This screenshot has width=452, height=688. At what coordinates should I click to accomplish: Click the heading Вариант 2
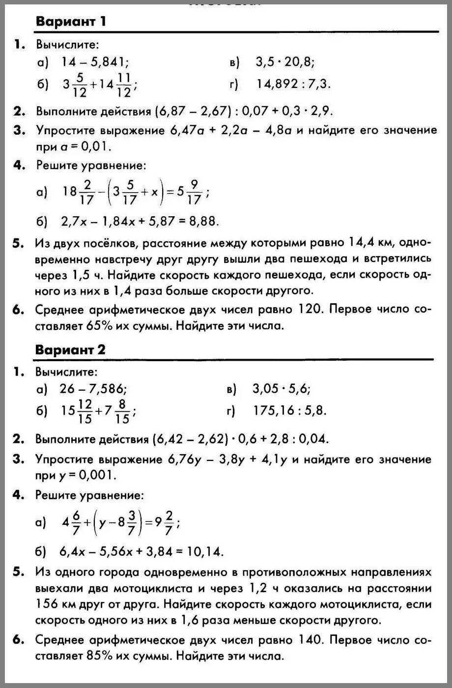[x=70, y=350]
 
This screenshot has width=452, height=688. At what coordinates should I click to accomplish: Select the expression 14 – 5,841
[x=95, y=62]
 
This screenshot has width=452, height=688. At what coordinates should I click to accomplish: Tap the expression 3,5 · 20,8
[x=285, y=62]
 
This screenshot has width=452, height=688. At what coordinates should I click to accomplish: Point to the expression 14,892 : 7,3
[x=293, y=85]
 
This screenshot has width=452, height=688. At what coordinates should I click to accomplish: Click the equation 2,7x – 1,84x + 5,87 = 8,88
[x=140, y=222]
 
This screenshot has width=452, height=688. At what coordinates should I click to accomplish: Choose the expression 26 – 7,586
[x=93, y=389]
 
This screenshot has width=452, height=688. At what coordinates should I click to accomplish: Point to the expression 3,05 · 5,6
[x=281, y=389]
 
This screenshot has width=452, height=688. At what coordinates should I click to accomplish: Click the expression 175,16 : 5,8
[x=290, y=411]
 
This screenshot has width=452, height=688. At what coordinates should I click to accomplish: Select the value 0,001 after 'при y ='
[x=99, y=475]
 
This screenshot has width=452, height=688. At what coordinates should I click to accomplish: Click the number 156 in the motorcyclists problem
[x=48, y=603]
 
